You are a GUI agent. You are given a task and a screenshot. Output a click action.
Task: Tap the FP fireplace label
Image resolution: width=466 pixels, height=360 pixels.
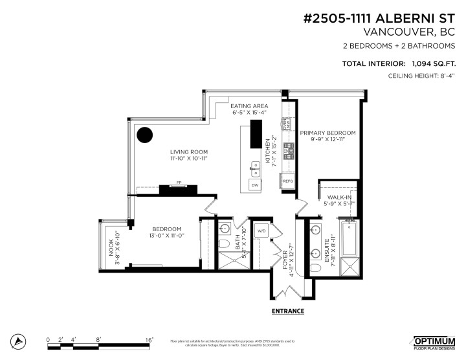[179, 183]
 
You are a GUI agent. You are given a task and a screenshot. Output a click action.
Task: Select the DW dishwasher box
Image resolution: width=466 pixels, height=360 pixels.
[255, 185]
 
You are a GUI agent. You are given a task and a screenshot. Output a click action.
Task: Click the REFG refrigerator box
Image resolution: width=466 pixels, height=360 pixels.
[288, 181]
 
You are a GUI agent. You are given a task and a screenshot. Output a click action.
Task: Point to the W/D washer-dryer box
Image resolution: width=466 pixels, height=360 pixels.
[263, 231]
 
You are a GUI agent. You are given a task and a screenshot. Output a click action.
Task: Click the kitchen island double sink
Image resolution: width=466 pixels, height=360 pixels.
[254, 171]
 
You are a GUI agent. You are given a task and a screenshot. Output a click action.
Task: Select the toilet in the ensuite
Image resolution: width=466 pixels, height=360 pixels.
[316, 267]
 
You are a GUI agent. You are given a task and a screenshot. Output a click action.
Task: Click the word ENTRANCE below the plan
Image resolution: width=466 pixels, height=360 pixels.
[288, 311]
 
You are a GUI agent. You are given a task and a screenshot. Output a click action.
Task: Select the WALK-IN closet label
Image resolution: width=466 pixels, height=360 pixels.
[340, 196]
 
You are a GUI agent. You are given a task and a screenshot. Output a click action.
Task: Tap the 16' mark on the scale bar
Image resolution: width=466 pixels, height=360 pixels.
[148, 339]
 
